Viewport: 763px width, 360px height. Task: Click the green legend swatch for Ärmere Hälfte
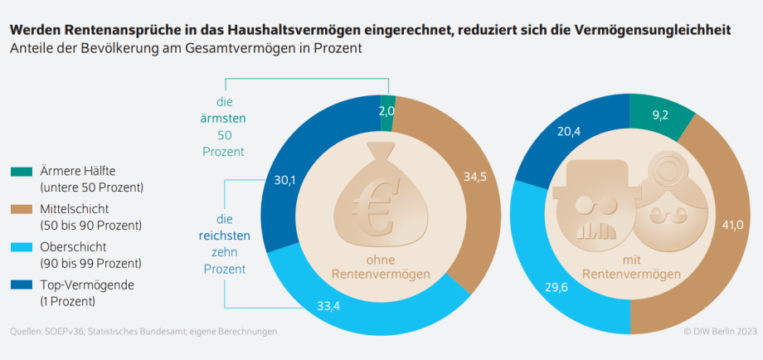click(22, 172)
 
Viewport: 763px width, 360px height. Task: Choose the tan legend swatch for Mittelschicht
click(22, 210)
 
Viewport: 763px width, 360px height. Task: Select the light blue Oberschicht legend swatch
click(22, 247)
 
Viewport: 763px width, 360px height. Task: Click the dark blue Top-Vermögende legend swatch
click(22, 285)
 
